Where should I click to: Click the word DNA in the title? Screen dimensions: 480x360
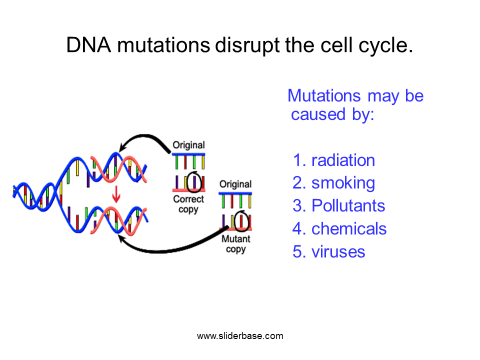coord(88,45)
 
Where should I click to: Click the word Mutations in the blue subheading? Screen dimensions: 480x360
coord(324,95)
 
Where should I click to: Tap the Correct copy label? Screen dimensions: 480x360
coord(188,204)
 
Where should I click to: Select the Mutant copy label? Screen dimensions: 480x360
coord(235,244)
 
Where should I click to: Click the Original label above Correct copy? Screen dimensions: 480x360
coord(188,145)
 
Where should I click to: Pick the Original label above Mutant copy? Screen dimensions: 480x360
coord(235,184)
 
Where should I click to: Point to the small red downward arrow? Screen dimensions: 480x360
coord(116,194)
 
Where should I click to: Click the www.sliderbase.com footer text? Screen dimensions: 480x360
coord(240,336)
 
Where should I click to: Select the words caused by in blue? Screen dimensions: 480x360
coord(332,115)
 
